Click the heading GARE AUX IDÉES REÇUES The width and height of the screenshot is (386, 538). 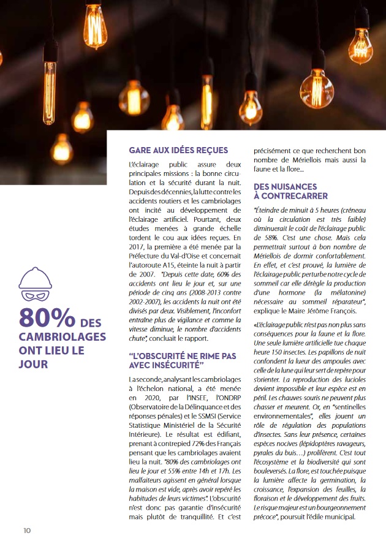click(178, 150)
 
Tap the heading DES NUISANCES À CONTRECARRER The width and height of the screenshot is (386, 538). click(285, 191)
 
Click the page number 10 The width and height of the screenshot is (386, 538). click(27, 529)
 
